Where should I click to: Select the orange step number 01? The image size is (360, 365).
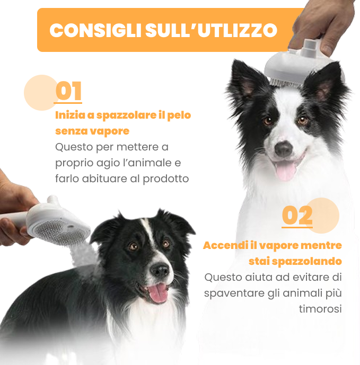68,91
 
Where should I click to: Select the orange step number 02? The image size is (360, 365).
297,216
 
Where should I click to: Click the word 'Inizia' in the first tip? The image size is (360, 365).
69,115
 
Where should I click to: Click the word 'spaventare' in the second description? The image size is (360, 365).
231,293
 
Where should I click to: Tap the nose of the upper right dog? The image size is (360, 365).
283,149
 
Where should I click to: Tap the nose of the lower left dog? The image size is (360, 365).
159,271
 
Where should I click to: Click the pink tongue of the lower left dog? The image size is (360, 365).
157,293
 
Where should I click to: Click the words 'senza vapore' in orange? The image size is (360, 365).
92,131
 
